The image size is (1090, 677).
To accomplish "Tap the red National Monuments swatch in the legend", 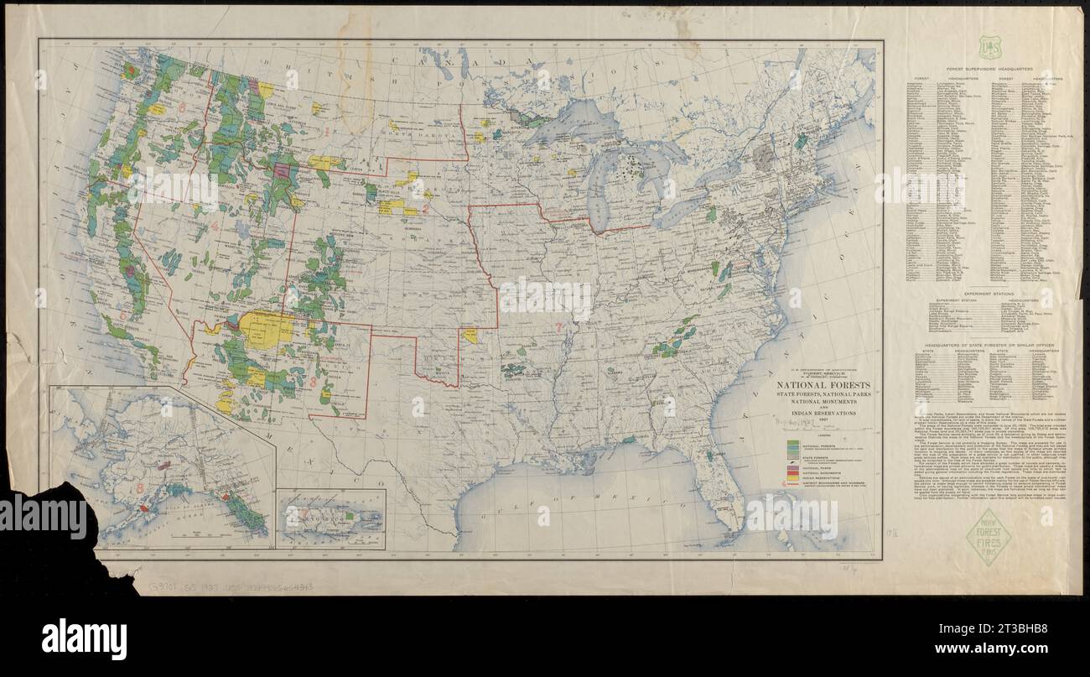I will (792, 471).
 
